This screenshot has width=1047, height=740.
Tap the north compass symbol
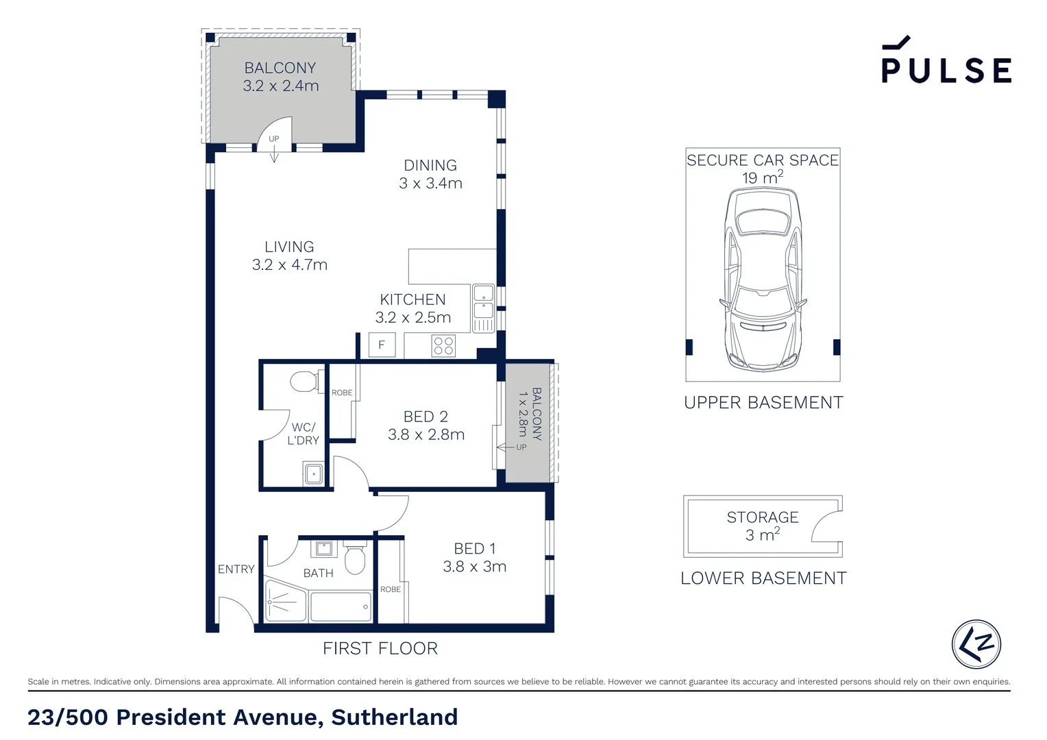pyautogui.click(x=976, y=644)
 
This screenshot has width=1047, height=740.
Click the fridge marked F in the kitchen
pyautogui.click(x=382, y=345)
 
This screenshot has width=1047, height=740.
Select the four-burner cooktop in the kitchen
pyautogui.click(x=443, y=345)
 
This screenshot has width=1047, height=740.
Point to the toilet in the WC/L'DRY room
pyautogui.click(x=305, y=381)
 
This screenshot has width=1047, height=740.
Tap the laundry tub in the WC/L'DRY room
pyautogui.click(x=314, y=473)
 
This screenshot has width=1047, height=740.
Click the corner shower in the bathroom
pyautogui.click(x=284, y=602)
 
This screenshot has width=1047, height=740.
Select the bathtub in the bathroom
pyautogui.click(x=341, y=606)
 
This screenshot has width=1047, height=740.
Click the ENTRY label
pyautogui.click(x=236, y=569)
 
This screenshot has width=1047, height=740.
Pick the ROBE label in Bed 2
pyautogui.click(x=342, y=393)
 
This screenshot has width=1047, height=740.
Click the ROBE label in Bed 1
pyautogui.click(x=391, y=589)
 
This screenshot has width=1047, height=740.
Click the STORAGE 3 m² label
pyautogui.click(x=762, y=526)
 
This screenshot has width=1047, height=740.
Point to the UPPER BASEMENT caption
pyautogui.click(x=763, y=403)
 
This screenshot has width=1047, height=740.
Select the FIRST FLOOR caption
pyautogui.click(x=380, y=648)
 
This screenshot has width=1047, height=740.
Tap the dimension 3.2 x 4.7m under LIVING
pyautogui.click(x=289, y=265)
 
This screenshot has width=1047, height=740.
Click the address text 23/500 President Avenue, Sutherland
pyautogui.click(x=243, y=717)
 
